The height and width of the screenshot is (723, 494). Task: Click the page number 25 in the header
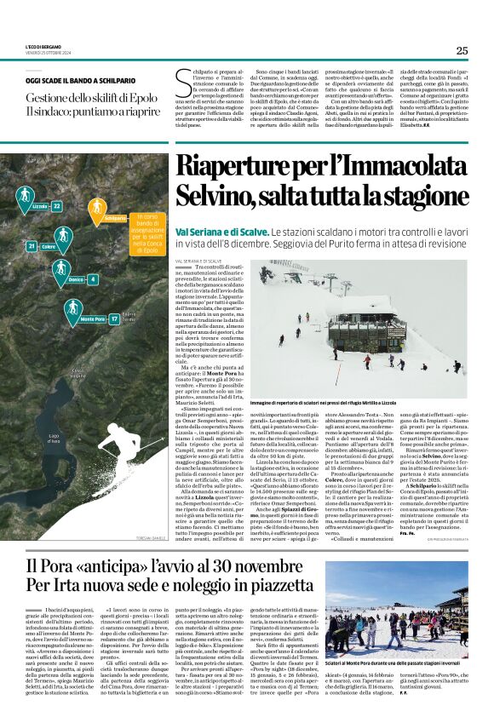462,50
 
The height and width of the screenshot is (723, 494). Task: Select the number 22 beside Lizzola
56,206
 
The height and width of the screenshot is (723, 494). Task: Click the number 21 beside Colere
32,246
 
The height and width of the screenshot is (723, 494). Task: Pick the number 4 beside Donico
92,279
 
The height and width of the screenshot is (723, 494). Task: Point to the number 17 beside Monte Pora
113,319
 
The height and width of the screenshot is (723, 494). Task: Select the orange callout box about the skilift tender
146,234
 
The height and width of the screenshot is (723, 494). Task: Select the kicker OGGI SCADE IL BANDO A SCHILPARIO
85,80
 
